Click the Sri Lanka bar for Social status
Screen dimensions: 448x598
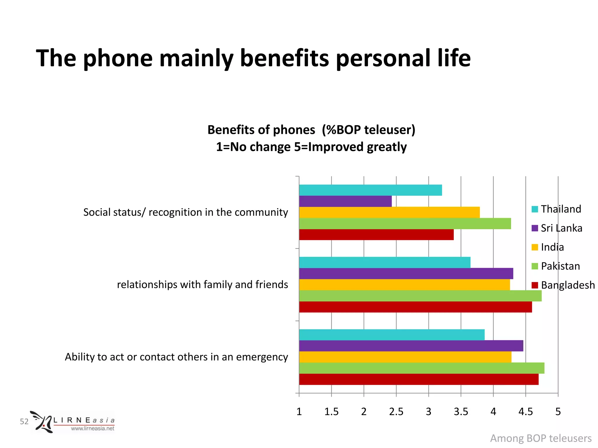tap(345, 201)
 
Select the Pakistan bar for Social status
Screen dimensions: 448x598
tap(405, 224)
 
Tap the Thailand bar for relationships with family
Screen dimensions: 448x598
tap(385, 262)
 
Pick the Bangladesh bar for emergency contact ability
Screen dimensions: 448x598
tap(418, 379)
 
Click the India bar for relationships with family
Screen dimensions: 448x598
tap(404, 285)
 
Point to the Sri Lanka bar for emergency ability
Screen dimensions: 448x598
tap(411, 346)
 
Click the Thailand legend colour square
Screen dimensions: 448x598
tap(535, 209)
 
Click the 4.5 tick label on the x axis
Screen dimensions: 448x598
tap(526, 412)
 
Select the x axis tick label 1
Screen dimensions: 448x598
tap(299, 412)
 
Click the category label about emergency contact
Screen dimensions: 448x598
tap(176, 357)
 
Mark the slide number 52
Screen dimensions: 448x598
tap(24, 421)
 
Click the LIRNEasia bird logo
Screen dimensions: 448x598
tap(42, 422)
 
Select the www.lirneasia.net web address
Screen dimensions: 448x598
tap(93, 428)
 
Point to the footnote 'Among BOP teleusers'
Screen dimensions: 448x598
tap(541, 438)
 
